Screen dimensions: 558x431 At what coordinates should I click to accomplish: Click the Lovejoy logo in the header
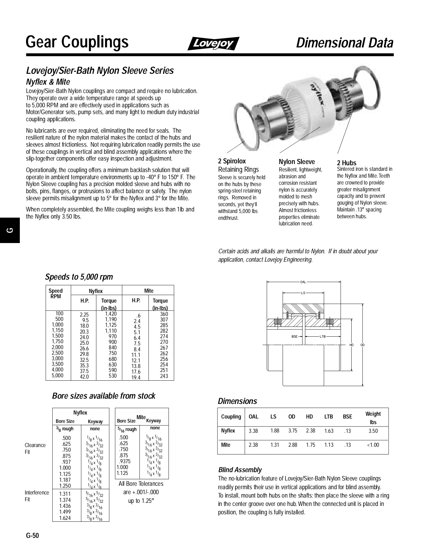tap(213, 43)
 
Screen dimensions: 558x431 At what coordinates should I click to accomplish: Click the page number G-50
tap(33, 535)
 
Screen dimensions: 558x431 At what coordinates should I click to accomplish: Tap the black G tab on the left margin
tap(10, 230)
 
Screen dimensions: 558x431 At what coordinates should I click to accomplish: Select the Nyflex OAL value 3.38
tap(253, 431)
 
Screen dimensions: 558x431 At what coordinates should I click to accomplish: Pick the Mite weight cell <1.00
tap(373, 445)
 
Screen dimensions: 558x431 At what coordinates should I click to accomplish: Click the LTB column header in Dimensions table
tap(328, 417)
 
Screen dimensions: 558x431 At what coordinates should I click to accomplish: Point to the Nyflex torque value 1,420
tap(111, 314)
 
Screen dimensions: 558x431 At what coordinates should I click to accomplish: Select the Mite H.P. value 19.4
tap(136, 377)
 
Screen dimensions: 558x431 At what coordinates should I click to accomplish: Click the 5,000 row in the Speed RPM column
tap(57, 375)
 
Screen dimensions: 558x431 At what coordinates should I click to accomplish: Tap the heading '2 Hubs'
tap(346, 163)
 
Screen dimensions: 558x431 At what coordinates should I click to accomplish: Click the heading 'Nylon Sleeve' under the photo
tap(297, 162)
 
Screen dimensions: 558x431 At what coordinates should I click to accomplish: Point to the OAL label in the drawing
tap(303, 282)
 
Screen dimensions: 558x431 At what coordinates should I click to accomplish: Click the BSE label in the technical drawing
tap(294, 336)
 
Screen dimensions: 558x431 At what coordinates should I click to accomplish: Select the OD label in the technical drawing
tap(363, 345)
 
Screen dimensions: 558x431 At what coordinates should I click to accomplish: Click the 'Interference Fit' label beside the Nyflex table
tap(37, 496)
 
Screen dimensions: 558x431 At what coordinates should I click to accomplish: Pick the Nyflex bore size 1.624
tap(65, 518)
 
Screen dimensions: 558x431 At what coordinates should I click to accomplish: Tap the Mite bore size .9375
tap(125, 461)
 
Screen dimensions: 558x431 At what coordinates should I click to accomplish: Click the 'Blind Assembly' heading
tap(240, 470)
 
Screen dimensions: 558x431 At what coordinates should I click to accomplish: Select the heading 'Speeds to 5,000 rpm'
tap(79, 277)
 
